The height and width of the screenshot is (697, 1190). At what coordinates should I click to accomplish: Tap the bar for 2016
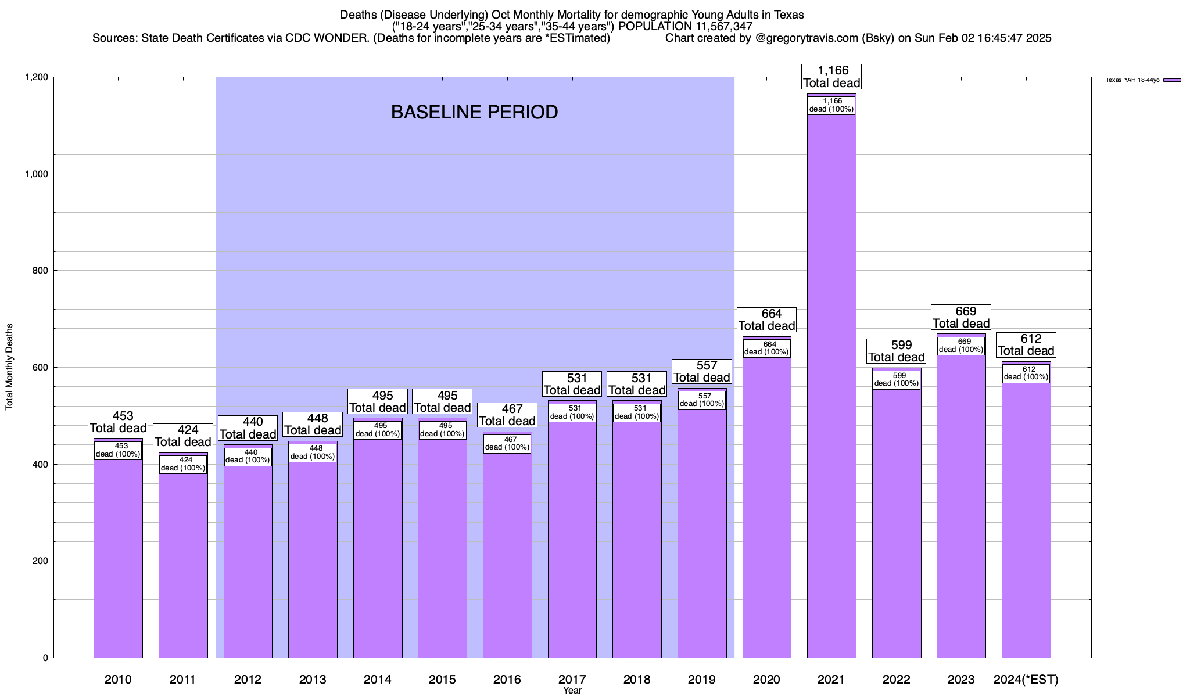pyautogui.click(x=507, y=552)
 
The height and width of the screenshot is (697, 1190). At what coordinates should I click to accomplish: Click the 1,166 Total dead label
pyautogui.click(x=831, y=77)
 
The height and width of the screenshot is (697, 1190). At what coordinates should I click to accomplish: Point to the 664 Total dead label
pyautogui.click(x=766, y=319)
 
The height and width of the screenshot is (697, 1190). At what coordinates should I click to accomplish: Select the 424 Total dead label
pyautogui.click(x=182, y=436)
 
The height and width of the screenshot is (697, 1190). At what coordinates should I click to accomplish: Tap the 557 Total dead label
pyautogui.click(x=702, y=371)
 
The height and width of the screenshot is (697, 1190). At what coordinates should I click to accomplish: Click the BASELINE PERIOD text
pyautogui.click(x=474, y=112)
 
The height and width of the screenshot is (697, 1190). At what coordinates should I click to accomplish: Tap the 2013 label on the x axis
pyautogui.click(x=313, y=679)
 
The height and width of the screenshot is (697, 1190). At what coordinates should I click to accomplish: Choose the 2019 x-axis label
pyautogui.click(x=702, y=679)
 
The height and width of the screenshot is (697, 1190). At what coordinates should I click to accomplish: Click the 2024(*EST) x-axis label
pyautogui.click(x=1026, y=679)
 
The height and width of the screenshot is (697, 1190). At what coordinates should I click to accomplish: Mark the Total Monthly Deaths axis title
pyautogui.click(x=9, y=367)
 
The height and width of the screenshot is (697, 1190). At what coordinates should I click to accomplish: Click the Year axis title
pyautogui.click(x=572, y=691)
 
